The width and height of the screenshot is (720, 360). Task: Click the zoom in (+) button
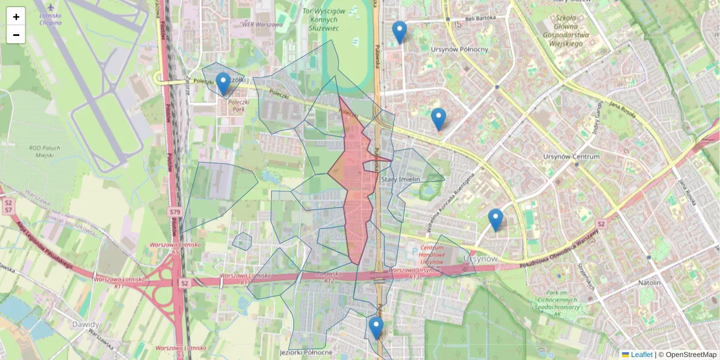pos(16,17)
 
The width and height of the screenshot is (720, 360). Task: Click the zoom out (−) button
pos(16,35)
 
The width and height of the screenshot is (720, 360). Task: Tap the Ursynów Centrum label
pos(571,157)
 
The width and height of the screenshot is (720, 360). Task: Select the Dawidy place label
pos(86,325)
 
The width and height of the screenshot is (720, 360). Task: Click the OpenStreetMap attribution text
pos(690,355)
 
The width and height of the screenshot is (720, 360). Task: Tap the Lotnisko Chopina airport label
pos(49,19)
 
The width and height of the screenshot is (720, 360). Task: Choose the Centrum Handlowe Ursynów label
pos(431,255)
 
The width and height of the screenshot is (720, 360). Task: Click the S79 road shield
pos(175,212)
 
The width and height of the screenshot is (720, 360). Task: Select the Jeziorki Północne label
pos(310,352)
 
